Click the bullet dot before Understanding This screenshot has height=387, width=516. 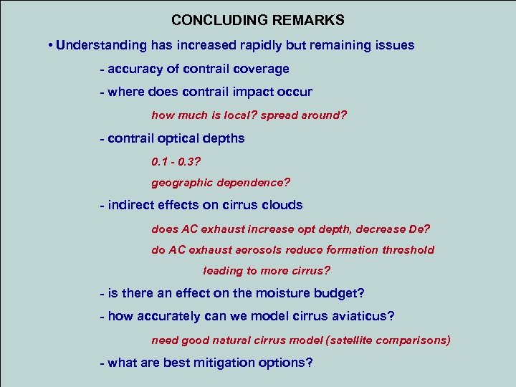tap(50, 46)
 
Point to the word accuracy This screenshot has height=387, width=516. tap(135, 70)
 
